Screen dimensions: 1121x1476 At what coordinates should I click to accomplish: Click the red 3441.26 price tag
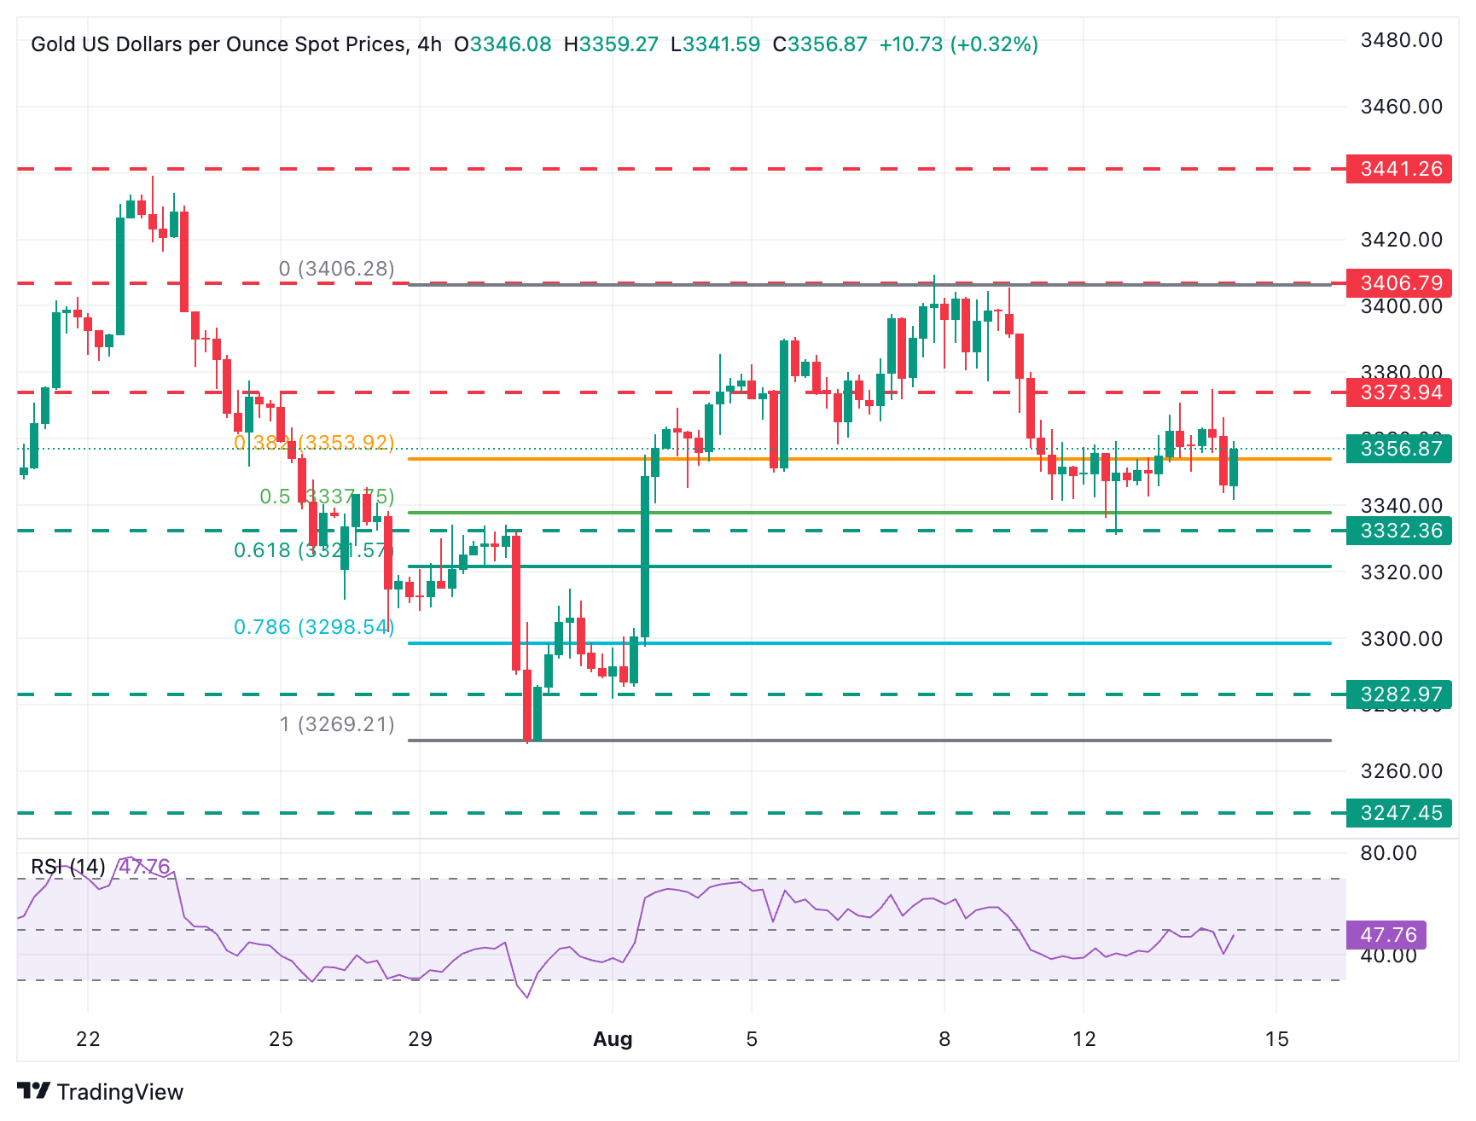[x=1398, y=169]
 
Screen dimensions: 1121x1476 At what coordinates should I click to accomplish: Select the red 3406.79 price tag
[x=1398, y=282]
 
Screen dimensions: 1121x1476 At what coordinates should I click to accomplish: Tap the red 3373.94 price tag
[x=1398, y=392]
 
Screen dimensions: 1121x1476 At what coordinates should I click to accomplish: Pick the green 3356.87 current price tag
[x=1398, y=449]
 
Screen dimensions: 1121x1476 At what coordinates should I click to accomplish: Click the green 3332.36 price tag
[x=1398, y=531]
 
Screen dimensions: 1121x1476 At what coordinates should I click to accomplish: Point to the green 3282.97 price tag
[x=1398, y=694]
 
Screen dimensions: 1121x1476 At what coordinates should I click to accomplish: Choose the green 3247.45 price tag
[x=1398, y=813]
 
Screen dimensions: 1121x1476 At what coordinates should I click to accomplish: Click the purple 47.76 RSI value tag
[x=1386, y=935]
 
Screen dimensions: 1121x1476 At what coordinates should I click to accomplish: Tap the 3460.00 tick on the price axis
[x=1401, y=107]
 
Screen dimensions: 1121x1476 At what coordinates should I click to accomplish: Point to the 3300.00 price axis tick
[x=1401, y=639]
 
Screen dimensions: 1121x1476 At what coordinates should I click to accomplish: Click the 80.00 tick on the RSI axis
[x=1388, y=853]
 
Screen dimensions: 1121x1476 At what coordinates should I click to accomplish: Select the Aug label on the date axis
[x=613, y=1039]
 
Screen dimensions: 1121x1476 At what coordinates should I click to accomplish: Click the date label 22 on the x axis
[x=88, y=1039]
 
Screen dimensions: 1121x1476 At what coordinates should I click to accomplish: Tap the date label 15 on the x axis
[x=1276, y=1039]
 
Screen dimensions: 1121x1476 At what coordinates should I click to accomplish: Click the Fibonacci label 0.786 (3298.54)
[x=314, y=627]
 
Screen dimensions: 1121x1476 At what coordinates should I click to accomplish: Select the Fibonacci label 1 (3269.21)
[x=337, y=724]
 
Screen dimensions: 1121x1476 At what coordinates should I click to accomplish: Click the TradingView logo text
[x=119, y=1092]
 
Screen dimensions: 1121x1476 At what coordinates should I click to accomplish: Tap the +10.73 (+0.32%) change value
[x=958, y=44]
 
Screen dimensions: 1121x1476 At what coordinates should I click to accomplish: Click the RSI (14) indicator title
[x=68, y=867]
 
